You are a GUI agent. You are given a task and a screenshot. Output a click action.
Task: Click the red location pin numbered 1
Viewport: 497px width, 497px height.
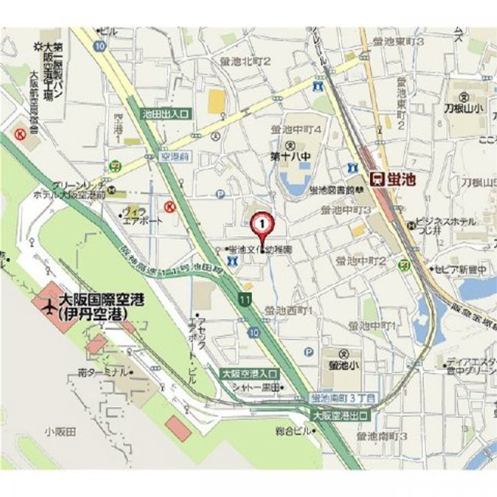pos(262,224)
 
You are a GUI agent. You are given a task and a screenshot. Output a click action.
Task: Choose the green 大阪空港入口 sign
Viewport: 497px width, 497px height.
pos(249,373)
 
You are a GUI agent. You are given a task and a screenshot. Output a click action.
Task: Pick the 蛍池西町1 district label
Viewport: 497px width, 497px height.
pos(289,311)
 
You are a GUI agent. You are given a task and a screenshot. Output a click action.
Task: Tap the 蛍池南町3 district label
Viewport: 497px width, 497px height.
pos(382,436)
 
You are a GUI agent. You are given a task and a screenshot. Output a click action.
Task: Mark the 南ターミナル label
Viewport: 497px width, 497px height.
pos(102,372)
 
